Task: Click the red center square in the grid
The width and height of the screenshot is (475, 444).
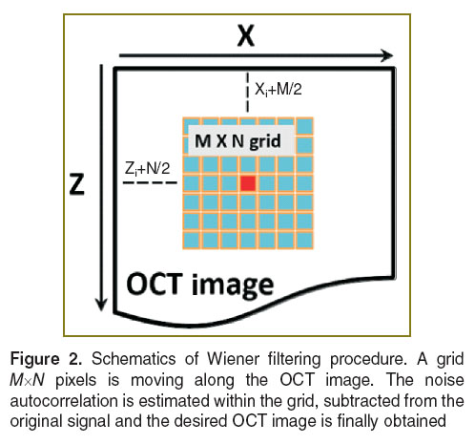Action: click(x=248, y=183)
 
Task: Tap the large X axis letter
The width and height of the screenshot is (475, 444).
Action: click(x=246, y=35)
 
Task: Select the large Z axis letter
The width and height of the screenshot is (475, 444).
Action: click(x=77, y=184)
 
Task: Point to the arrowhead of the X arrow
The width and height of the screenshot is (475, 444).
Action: click(x=386, y=55)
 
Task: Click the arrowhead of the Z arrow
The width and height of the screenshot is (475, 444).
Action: click(x=101, y=305)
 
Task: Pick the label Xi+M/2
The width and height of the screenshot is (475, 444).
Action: click(x=279, y=90)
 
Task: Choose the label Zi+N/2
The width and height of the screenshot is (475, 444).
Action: click(x=148, y=168)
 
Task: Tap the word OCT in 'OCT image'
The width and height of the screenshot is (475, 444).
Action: click(x=155, y=284)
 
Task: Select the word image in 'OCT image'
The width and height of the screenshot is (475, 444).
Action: click(x=233, y=285)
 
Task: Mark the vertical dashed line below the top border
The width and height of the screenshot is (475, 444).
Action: click(x=248, y=93)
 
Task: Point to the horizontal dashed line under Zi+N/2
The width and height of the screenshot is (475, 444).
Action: click(x=150, y=182)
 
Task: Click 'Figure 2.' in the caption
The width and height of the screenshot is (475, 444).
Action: click(x=47, y=359)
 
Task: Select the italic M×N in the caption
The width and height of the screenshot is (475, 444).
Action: click(x=28, y=380)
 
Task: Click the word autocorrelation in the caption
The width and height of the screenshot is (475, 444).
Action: click(x=64, y=401)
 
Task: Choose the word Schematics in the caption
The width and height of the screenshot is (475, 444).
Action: click(x=134, y=359)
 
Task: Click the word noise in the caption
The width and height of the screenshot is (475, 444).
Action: click(x=444, y=380)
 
